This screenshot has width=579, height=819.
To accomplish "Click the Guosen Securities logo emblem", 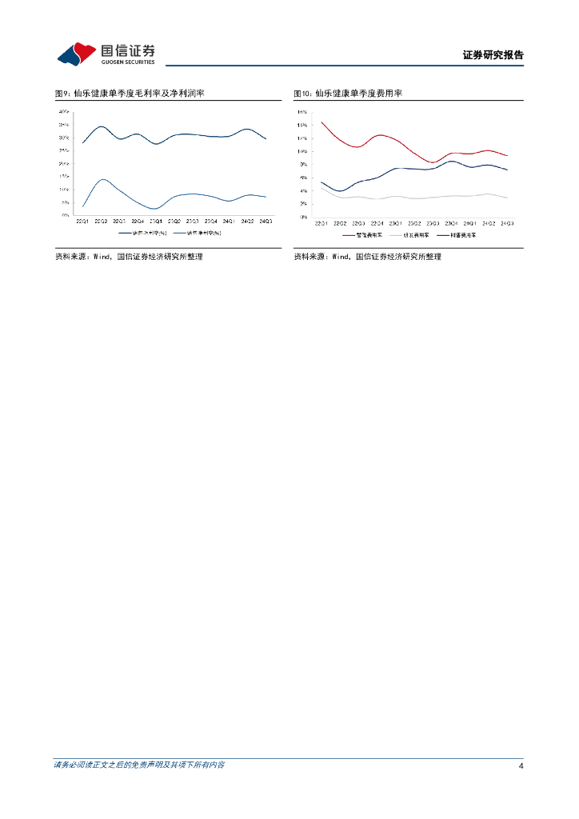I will tap(76, 54).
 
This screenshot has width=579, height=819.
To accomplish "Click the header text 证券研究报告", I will tap(493, 55).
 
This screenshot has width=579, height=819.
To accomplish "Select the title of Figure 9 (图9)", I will tap(130, 94).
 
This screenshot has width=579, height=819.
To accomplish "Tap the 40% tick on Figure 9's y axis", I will tap(63, 112).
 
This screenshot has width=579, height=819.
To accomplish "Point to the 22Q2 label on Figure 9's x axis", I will tap(101, 221).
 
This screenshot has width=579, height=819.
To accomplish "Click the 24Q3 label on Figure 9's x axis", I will tap(266, 221).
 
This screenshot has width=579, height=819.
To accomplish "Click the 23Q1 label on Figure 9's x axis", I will tap(156, 221).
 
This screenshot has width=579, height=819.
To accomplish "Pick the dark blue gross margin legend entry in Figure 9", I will tap(143, 233).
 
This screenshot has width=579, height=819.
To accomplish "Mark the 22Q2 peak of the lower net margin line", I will tap(102, 179).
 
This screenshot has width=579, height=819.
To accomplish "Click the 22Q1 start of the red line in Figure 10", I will tap(321, 122).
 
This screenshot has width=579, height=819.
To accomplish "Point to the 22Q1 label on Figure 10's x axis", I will tap(321, 222).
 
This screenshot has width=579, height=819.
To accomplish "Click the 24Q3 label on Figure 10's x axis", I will tap(507, 222).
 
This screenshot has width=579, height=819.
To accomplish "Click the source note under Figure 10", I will tap(367, 257).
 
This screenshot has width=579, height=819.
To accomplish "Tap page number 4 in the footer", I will tap(521, 766).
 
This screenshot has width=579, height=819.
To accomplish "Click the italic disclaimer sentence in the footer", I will tap(139, 765).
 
